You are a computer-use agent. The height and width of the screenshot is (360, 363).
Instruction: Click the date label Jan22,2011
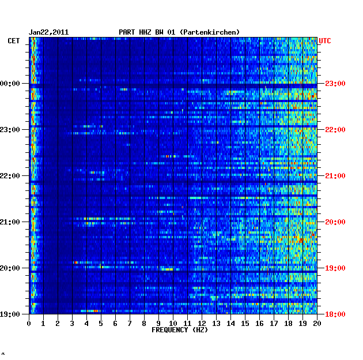point(48,32)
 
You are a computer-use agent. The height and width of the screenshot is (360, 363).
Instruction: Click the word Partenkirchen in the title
point(210,32)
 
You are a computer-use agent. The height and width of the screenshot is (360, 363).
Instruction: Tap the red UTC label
point(325,41)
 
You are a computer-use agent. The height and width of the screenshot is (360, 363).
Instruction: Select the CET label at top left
point(14,41)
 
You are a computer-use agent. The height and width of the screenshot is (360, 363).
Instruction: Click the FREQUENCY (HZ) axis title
point(179,330)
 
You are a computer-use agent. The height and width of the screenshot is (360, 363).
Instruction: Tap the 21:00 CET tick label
point(11,222)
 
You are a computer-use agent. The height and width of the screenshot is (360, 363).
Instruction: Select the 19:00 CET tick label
point(11,314)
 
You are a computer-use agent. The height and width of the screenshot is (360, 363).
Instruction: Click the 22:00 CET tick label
point(11,176)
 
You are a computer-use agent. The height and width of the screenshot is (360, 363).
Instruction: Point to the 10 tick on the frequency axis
point(173,323)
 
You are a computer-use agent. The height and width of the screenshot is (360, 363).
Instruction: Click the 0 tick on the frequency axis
point(29,323)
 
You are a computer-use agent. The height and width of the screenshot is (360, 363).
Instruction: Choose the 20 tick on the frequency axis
point(317,323)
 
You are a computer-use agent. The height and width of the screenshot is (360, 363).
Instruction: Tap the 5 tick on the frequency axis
point(101,323)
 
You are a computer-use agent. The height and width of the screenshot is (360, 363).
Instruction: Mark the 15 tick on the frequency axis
point(245,323)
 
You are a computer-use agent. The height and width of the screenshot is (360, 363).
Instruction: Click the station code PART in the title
point(127,32)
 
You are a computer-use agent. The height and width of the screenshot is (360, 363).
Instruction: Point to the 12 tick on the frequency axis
point(202,323)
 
